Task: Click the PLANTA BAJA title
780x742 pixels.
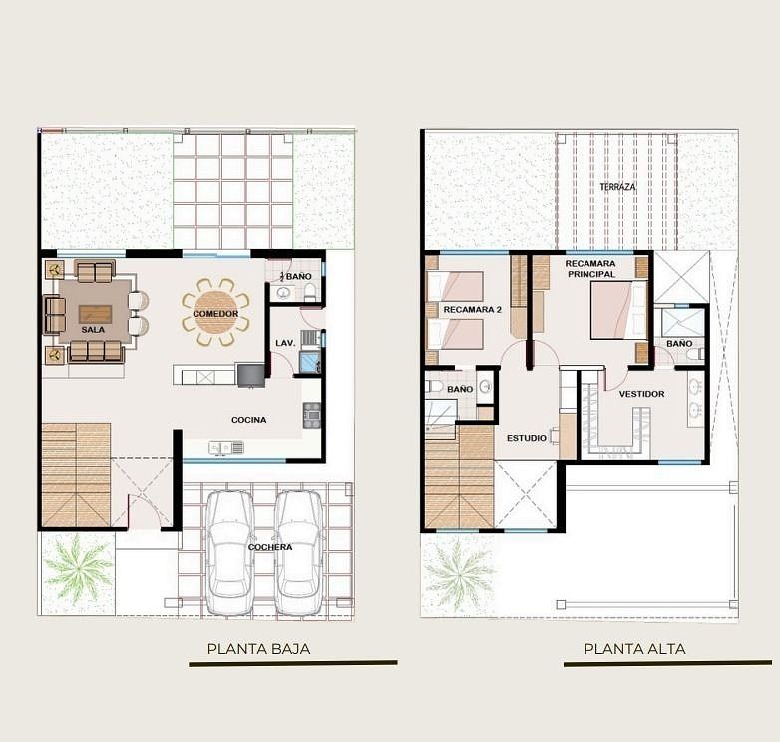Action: coord(258,649)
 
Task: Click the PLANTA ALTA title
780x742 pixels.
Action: coord(634,649)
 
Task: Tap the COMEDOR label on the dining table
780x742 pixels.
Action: coord(215,314)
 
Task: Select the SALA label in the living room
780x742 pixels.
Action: coord(93,330)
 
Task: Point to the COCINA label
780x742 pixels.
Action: coord(248,420)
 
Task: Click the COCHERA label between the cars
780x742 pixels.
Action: coord(270,547)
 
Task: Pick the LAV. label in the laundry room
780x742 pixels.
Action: coord(285,343)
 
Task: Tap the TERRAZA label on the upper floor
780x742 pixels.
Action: coord(617,187)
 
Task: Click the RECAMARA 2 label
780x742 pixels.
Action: coord(472,310)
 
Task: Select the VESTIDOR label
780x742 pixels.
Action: coord(641,394)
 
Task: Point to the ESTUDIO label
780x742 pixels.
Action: coord(527,438)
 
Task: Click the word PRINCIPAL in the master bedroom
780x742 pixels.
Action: coord(591,274)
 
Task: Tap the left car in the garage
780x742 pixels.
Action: coord(229,553)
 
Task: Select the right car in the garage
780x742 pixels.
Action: coord(299,553)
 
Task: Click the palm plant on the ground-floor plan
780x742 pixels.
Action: coord(77,569)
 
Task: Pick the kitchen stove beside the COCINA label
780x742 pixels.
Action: coord(312,415)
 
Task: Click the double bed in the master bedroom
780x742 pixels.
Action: coord(618,310)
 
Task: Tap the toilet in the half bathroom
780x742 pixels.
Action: coord(310,292)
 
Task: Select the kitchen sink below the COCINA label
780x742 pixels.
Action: coord(226,448)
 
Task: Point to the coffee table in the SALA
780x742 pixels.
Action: coord(95,314)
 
